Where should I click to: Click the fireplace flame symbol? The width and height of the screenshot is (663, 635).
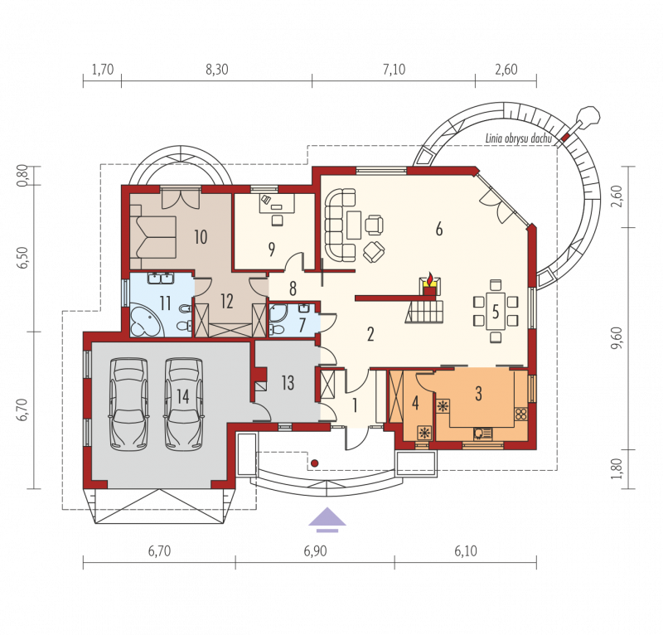(x=430, y=279)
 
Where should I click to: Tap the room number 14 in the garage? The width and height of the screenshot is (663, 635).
(x=182, y=397)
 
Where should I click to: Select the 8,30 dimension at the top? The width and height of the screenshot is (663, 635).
(x=217, y=70)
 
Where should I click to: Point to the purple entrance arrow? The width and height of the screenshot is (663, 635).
(x=327, y=519)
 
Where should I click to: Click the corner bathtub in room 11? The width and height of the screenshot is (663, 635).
(x=144, y=320)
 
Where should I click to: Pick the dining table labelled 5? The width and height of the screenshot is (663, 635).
(x=496, y=311)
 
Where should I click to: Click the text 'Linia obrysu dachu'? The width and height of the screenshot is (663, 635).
(x=519, y=138)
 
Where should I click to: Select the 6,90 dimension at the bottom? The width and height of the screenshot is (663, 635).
(x=316, y=550)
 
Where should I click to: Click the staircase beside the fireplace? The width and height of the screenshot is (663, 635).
(x=424, y=312)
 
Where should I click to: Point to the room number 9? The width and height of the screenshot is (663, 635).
(x=272, y=250)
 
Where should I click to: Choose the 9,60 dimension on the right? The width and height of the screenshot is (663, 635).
(x=617, y=338)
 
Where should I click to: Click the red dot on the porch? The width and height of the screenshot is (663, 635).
(x=314, y=463)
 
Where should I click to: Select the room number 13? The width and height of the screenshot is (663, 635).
(x=288, y=383)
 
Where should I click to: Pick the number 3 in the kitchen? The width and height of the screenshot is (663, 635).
(x=478, y=394)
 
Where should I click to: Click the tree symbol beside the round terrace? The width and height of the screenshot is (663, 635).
(x=588, y=115)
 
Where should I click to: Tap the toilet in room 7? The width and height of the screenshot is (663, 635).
(x=277, y=328)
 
